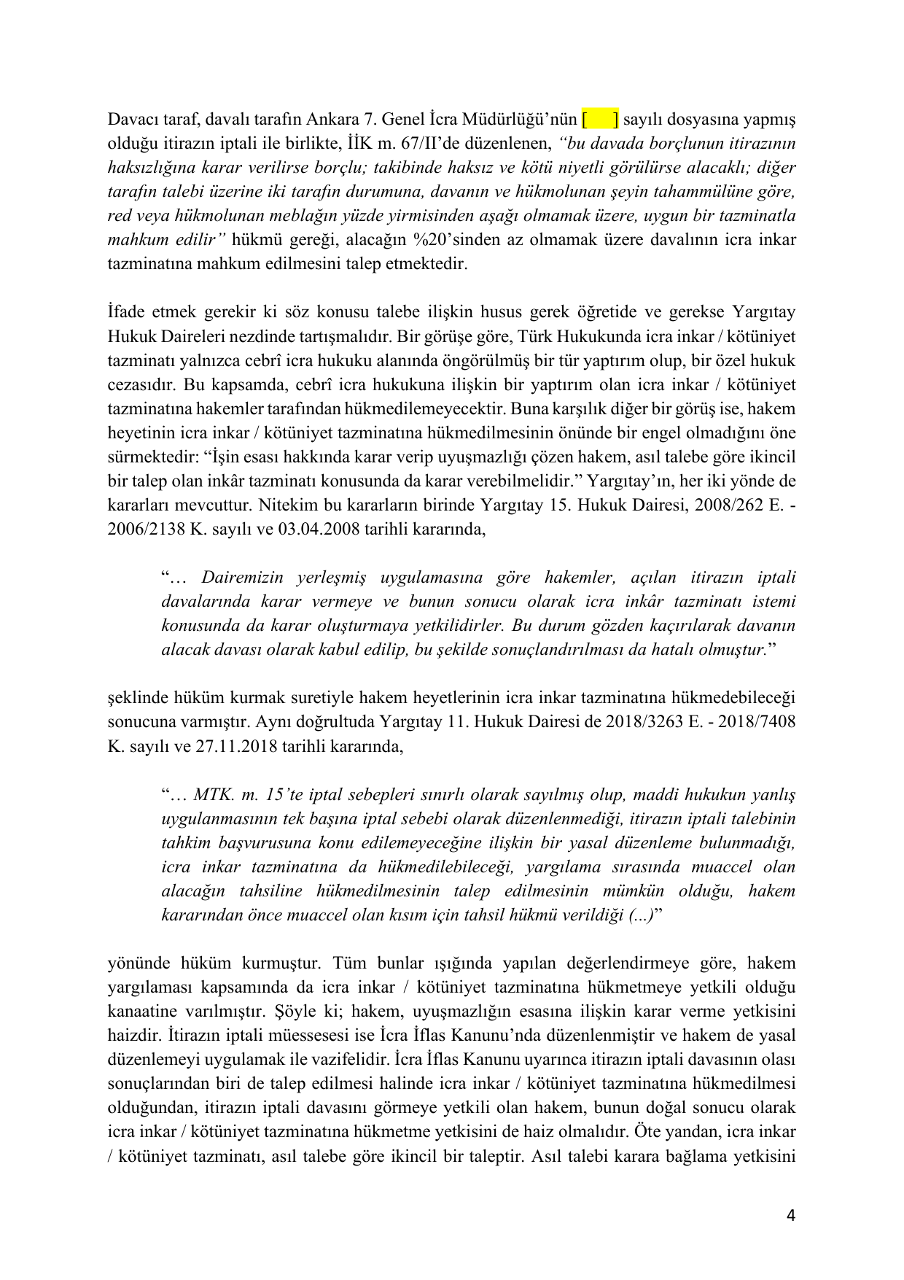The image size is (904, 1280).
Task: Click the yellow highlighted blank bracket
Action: tap(601, 119)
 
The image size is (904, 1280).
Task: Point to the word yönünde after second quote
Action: tap(136, 963)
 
